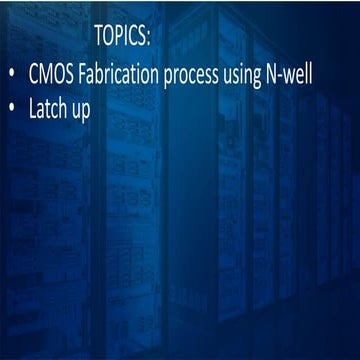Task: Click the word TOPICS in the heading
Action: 120,37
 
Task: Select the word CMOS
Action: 51,77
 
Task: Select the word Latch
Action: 50,108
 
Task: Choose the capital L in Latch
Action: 34,108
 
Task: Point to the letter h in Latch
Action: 65,108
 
